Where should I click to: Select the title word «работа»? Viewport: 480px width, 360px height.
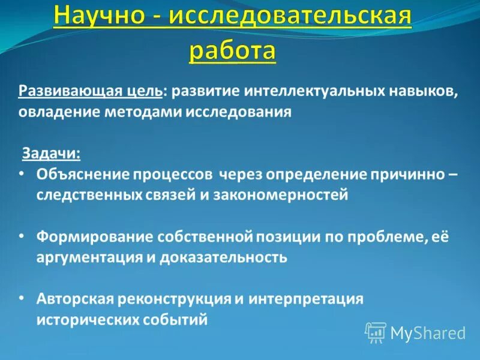(x=233, y=50)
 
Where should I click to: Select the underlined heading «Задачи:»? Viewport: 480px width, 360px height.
(x=52, y=153)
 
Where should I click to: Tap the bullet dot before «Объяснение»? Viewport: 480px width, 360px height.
(x=22, y=174)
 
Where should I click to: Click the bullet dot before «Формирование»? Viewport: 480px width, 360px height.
(x=22, y=236)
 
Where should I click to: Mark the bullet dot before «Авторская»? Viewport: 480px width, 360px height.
(x=22, y=298)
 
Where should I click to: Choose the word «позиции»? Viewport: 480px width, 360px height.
(x=287, y=236)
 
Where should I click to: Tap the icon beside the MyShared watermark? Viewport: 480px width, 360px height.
(x=376, y=332)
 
